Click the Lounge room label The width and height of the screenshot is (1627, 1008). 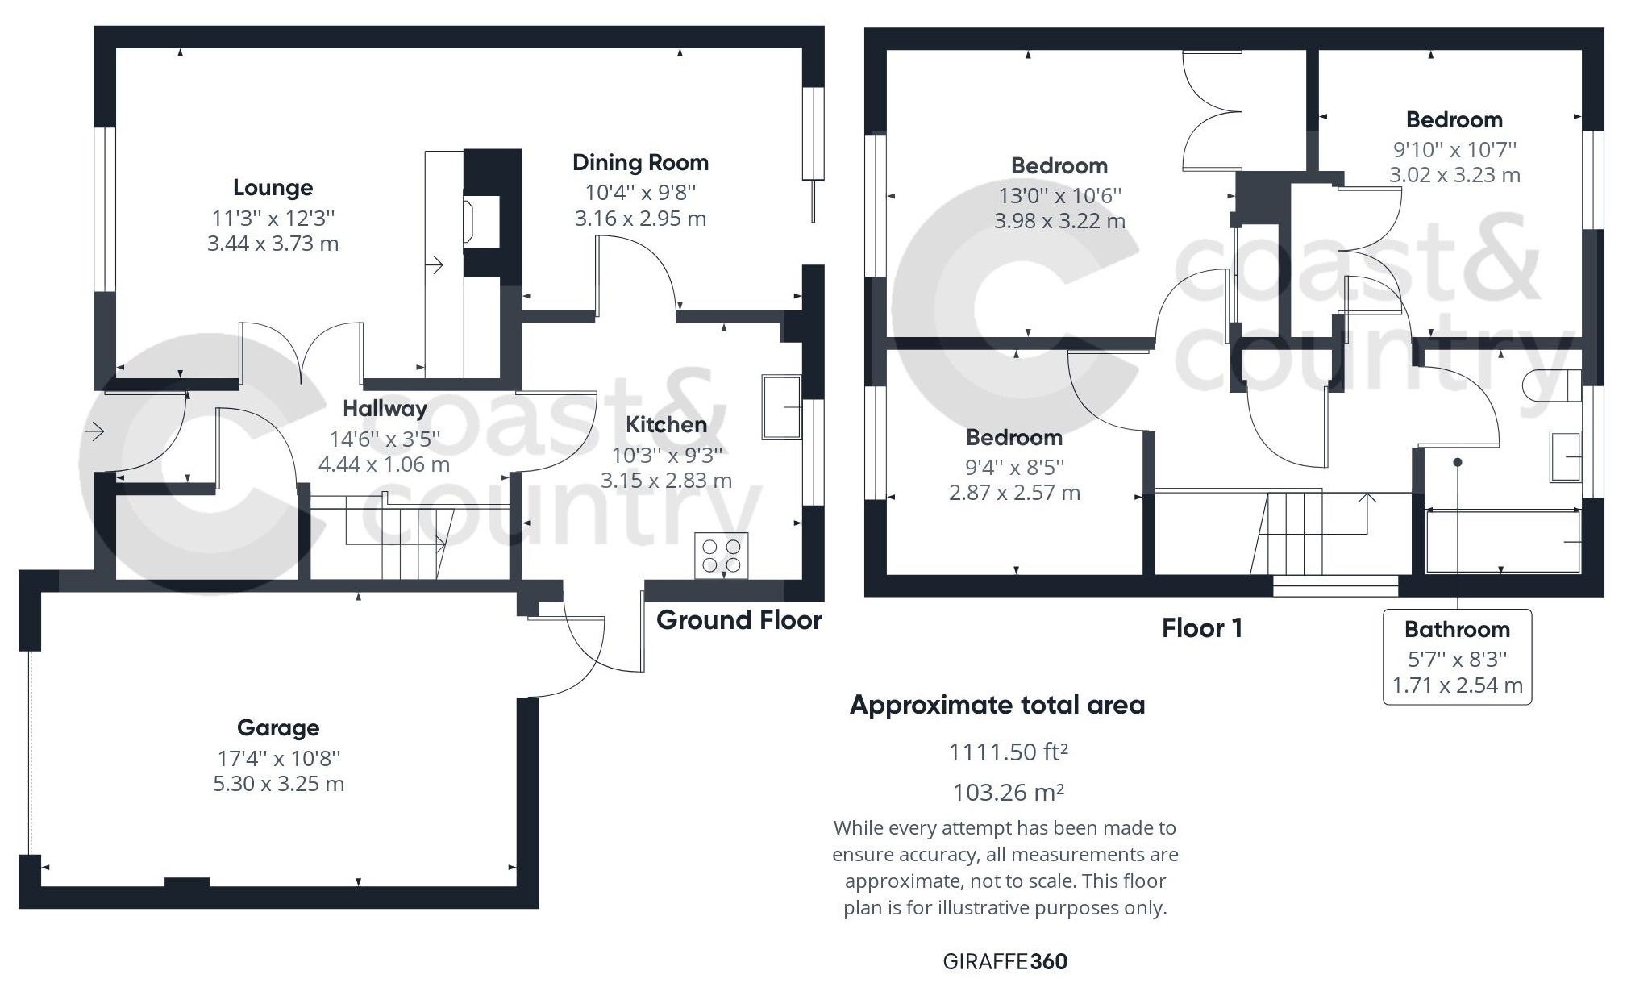pyautogui.click(x=273, y=188)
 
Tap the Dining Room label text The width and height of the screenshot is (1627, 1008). pyautogui.click(x=640, y=163)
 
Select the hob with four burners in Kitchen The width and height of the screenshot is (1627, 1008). pyautogui.click(x=722, y=556)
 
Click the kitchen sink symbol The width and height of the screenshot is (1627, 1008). pyautogui.click(x=781, y=407)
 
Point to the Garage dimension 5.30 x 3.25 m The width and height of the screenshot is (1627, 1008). pyautogui.click(x=278, y=784)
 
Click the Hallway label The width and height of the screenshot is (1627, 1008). pyautogui.click(x=385, y=409)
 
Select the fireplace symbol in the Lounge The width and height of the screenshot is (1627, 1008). pyautogui.click(x=470, y=222)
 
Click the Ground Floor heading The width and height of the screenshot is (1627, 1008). pyautogui.click(x=739, y=620)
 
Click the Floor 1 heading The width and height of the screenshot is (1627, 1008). pyautogui.click(x=1201, y=628)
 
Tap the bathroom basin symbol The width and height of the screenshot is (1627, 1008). pyautogui.click(x=1566, y=456)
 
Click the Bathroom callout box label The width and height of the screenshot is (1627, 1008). pyautogui.click(x=1456, y=630)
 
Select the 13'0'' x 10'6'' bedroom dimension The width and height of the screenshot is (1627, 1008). pyautogui.click(x=1059, y=196)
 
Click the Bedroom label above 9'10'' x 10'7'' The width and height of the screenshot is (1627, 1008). pyautogui.click(x=1454, y=120)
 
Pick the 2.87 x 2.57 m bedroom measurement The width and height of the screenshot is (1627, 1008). pyautogui.click(x=1014, y=493)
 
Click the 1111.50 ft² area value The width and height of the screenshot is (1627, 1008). pyautogui.click(x=1008, y=752)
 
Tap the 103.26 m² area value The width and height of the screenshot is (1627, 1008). pyautogui.click(x=1008, y=793)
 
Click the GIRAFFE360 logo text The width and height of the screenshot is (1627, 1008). pyautogui.click(x=1005, y=961)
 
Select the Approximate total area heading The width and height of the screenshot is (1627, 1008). pyautogui.click(x=997, y=706)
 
